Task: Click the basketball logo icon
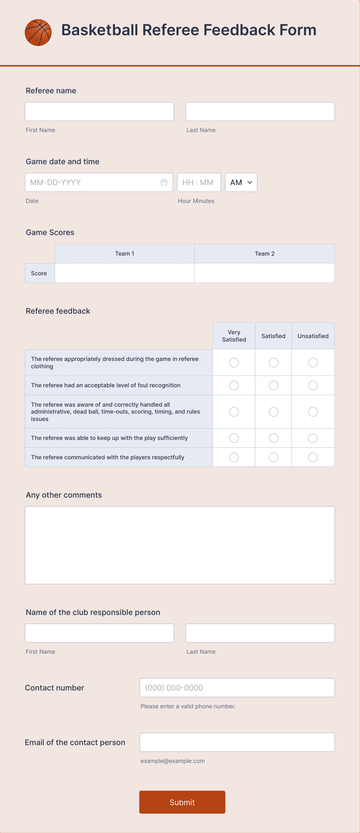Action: (38, 33)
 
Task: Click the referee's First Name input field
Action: (99, 112)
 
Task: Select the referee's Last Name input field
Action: (260, 112)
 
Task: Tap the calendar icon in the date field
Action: (164, 182)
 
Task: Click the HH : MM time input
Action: (199, 182)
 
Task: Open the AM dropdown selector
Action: (241, 182)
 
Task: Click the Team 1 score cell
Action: (124, 273)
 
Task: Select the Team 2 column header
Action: (264, 254)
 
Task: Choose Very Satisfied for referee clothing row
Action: (234, 362)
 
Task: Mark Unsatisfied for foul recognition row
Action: (313, 385)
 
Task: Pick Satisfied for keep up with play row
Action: (274, 438)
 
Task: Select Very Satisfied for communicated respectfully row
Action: (234, 457)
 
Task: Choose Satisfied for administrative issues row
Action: (274, 412)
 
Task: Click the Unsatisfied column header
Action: (313, 336)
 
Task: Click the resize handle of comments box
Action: (331, 580)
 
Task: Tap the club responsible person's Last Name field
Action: (260, 633)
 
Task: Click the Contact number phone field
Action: (237, 688)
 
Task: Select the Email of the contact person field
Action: (237, 742)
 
